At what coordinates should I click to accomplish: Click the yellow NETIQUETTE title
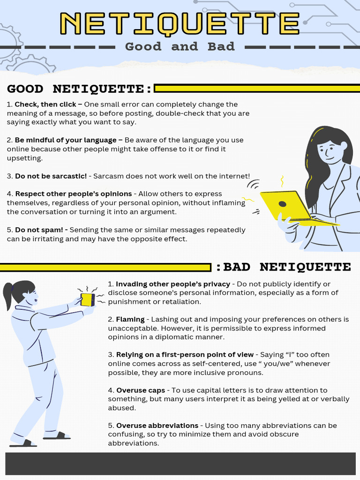click(180, 23)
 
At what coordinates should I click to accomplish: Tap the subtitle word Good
click(143, 46)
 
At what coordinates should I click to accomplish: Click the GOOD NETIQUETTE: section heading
click(79, 89)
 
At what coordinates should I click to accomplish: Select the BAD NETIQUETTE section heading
click(284, 267)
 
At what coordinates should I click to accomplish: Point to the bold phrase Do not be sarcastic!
click(51, 176)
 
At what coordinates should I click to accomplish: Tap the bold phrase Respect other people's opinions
click(74, 194)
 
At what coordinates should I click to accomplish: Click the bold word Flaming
click(130, 319)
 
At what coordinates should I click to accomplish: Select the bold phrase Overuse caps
click(141, 390)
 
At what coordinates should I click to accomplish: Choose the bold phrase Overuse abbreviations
click(157, 426)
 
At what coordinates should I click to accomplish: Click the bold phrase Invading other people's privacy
click(173, 284)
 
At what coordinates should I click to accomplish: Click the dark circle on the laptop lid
click(282, 204)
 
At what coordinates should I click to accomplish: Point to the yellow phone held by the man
click(88, 300)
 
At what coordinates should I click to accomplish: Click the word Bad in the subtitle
click(221, 46)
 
